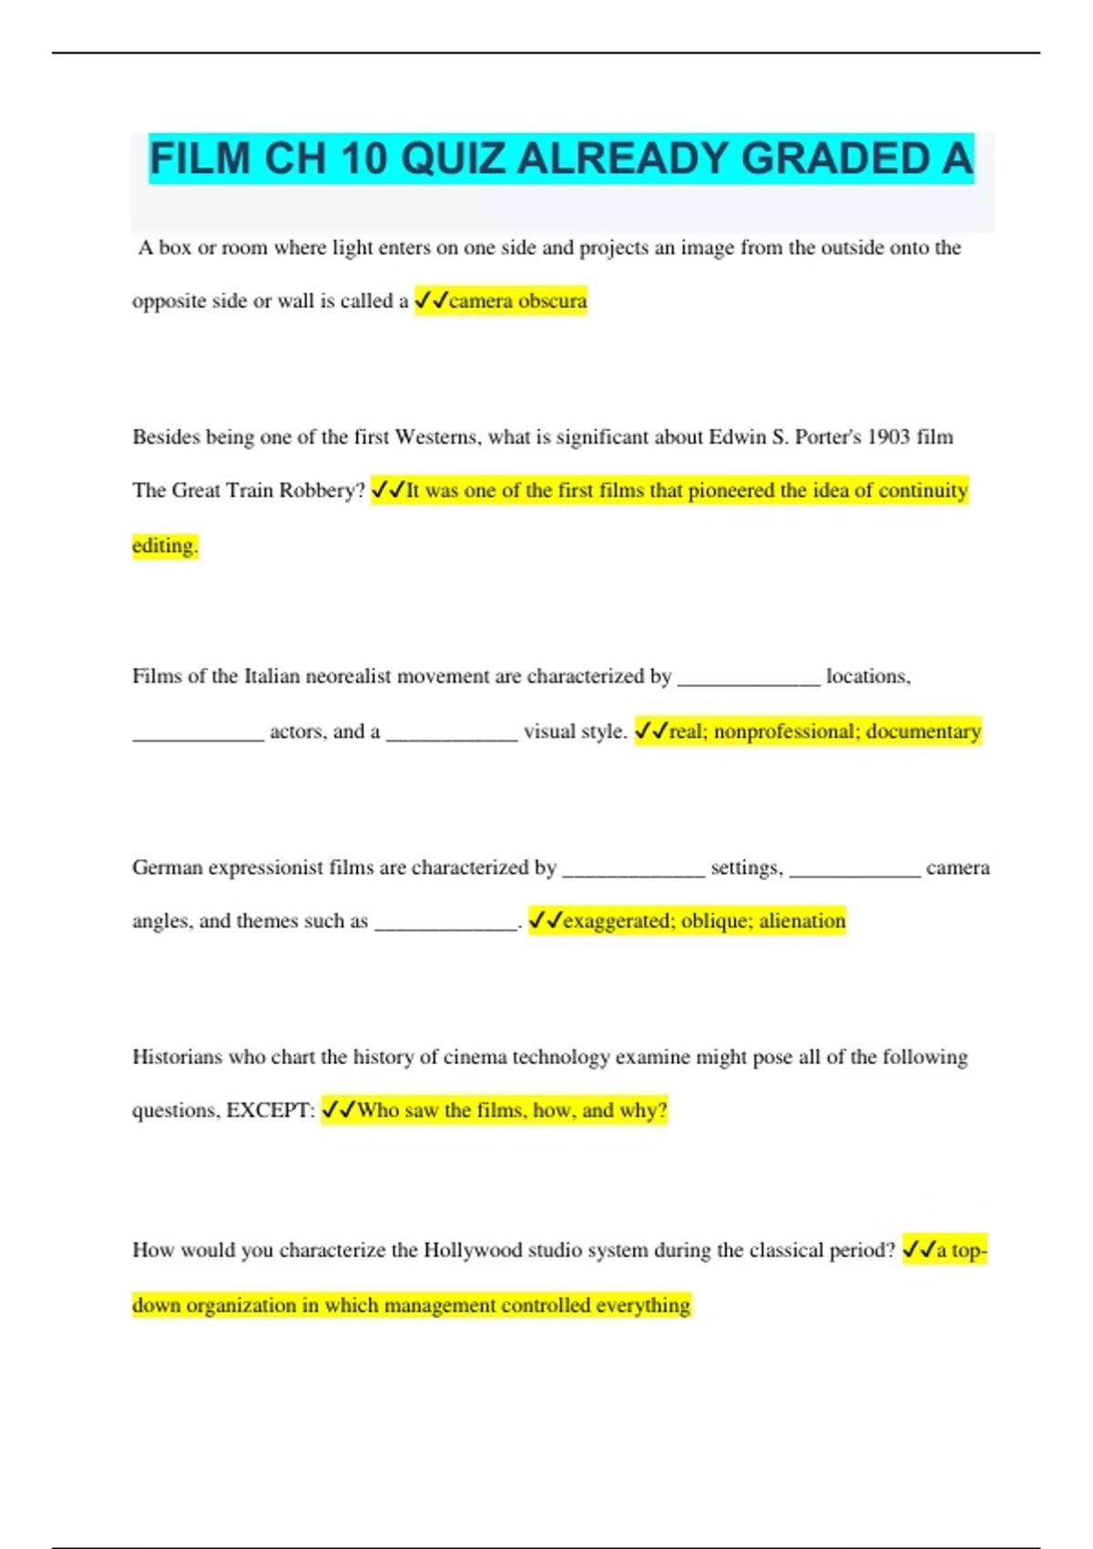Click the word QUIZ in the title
[452, 159]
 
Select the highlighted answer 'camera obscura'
[517, 301]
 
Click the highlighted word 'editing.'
[165, 545]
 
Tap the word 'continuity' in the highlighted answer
[922, 490]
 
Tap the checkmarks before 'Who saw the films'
[339, 1110]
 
